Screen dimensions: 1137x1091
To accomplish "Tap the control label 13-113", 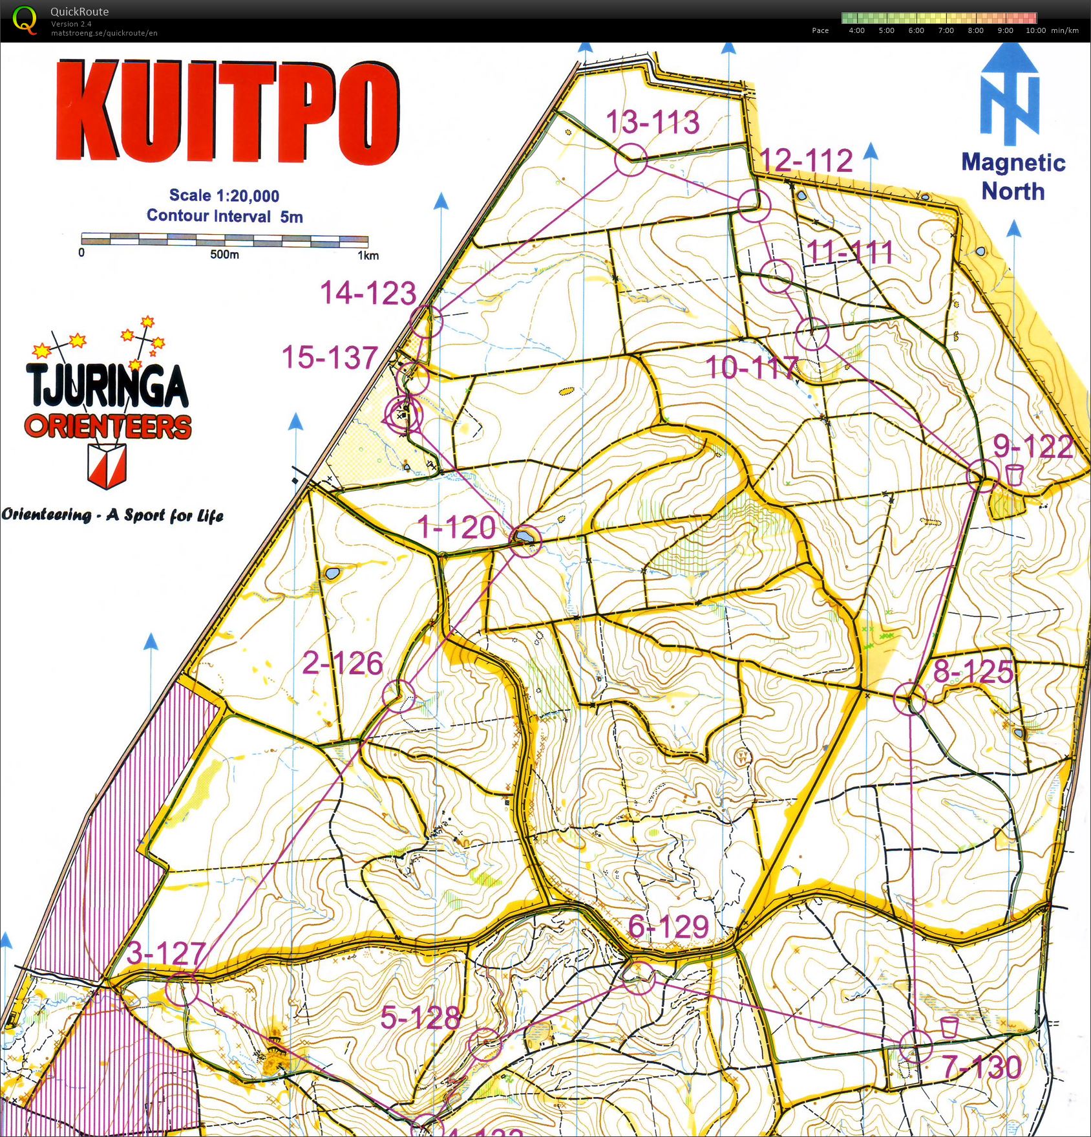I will click(x=653, y=122).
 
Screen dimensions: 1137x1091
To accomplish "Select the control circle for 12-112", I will click(x=754, y=206).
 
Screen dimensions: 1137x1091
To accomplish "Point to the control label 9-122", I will click(x=1033, y=446).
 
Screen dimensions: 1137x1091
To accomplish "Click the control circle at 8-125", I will click(x=910, y=698).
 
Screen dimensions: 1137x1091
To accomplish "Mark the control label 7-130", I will click(x=982, y=1067).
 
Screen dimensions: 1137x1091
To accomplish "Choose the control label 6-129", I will click(x=668, y=927).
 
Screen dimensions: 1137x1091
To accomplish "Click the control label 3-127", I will click(x=166, y=953).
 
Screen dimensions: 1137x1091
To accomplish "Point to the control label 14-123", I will click(x=368, y=292).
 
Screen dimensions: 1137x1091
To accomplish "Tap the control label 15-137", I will click(x=330, y=358).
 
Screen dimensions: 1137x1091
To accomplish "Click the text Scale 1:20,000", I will click(x=224, y=195).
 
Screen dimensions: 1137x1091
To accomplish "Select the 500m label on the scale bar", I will click(x=224, y=255).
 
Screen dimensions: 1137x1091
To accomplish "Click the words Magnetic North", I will click(x=1013, y=177).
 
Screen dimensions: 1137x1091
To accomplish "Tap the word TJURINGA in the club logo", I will click(x=107, y=386).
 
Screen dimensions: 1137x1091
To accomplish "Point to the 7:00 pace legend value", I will click(x=946, y=30).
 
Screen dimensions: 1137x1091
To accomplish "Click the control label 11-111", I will click(x=850, y=251).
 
